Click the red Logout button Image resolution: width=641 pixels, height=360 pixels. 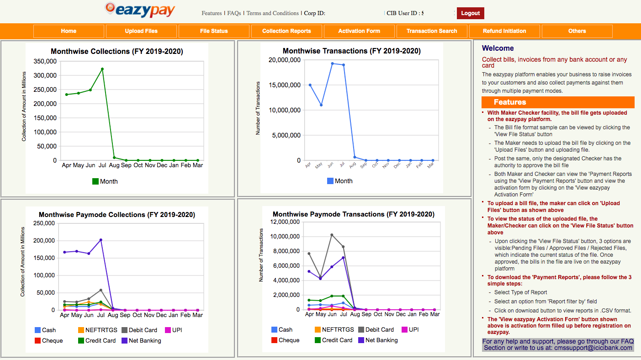coord(470,13)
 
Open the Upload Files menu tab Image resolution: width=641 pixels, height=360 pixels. coord(141,31)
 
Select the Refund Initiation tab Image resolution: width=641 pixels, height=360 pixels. coord(504,31)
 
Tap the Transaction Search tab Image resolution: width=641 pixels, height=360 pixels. coord(432,31)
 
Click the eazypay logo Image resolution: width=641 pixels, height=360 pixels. coord(140,10)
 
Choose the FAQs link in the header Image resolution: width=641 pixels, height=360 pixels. coord(234,13)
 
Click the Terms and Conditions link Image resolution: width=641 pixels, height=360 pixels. coord(272,13)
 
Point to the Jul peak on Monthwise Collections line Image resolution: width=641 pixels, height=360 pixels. coord(102,69)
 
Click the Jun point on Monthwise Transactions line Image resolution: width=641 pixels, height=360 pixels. coord(332,64)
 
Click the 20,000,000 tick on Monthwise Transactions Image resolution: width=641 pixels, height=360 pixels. coord(284,60)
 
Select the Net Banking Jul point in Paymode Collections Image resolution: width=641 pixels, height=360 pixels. coord(101,240)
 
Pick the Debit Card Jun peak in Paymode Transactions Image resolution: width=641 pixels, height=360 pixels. coord(332,235)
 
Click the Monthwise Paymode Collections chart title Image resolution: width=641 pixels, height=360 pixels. coord(117,215)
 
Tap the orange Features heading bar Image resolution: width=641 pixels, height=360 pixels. coord(558,102)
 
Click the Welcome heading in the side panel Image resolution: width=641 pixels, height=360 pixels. coord(498,48)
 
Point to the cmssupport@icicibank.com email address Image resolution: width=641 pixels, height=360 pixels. coord(593,348)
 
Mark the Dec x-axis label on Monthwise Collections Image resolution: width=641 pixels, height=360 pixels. coord(162,165)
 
